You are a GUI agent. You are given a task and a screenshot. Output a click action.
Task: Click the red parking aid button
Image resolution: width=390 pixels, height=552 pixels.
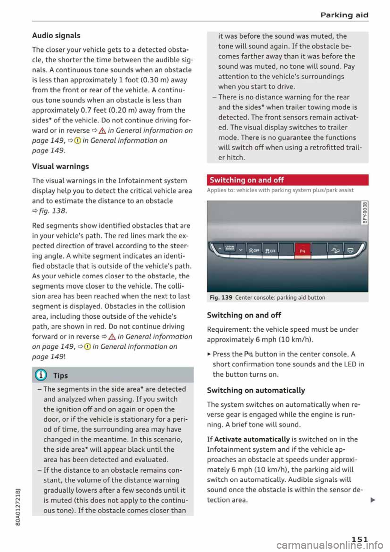click(x=302, y=250)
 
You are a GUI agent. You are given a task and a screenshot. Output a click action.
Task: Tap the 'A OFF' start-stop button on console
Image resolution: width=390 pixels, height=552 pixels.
click(x=254, y=250)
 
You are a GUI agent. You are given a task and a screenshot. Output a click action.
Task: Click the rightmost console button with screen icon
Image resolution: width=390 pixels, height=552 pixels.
click(x=350, y=250)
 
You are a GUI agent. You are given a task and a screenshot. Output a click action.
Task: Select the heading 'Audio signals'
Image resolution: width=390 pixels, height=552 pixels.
click(x=56, y=35)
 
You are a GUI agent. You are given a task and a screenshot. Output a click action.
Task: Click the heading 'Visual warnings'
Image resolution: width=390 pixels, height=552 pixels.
click(x=60, y=166)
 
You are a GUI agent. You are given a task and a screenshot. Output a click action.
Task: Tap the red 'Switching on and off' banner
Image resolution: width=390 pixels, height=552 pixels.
click(x=287, y=180)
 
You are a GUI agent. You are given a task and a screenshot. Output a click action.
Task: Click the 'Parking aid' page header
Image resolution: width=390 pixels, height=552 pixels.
click(x=344, y=15)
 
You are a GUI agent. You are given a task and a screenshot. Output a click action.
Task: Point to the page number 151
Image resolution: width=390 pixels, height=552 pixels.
click(x=360, y=539)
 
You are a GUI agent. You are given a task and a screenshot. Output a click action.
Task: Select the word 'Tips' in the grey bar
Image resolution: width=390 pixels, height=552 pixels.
click(x=61, y=376)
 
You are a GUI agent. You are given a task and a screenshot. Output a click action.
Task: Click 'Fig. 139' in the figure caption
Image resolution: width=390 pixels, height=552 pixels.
click(x=221, y=298)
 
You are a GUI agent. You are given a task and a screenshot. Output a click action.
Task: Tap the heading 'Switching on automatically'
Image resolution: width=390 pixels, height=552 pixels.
click(x=256, y=390)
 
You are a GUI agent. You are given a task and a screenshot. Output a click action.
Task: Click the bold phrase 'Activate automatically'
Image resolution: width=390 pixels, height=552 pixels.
click(x=251, y=439)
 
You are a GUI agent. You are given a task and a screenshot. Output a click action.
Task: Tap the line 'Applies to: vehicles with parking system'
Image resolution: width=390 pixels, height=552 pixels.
click(x=280, y=190)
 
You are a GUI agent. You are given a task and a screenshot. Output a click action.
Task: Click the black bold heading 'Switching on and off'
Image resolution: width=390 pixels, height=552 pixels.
click(x=244, y=315)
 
